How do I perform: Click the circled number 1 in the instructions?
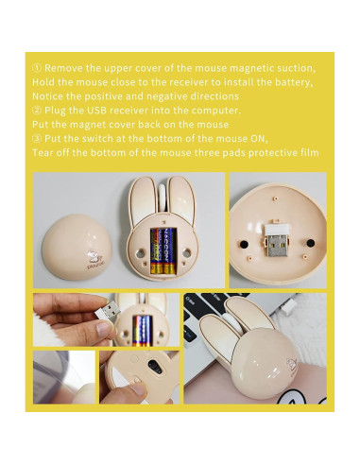coord(37,69)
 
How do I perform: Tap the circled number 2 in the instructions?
coord(37,111)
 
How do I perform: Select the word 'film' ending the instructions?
coord(306,152)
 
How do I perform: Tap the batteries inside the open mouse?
coord(166,249)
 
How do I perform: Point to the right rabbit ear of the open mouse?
coord(182,198)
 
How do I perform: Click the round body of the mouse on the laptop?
coord(250,370)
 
